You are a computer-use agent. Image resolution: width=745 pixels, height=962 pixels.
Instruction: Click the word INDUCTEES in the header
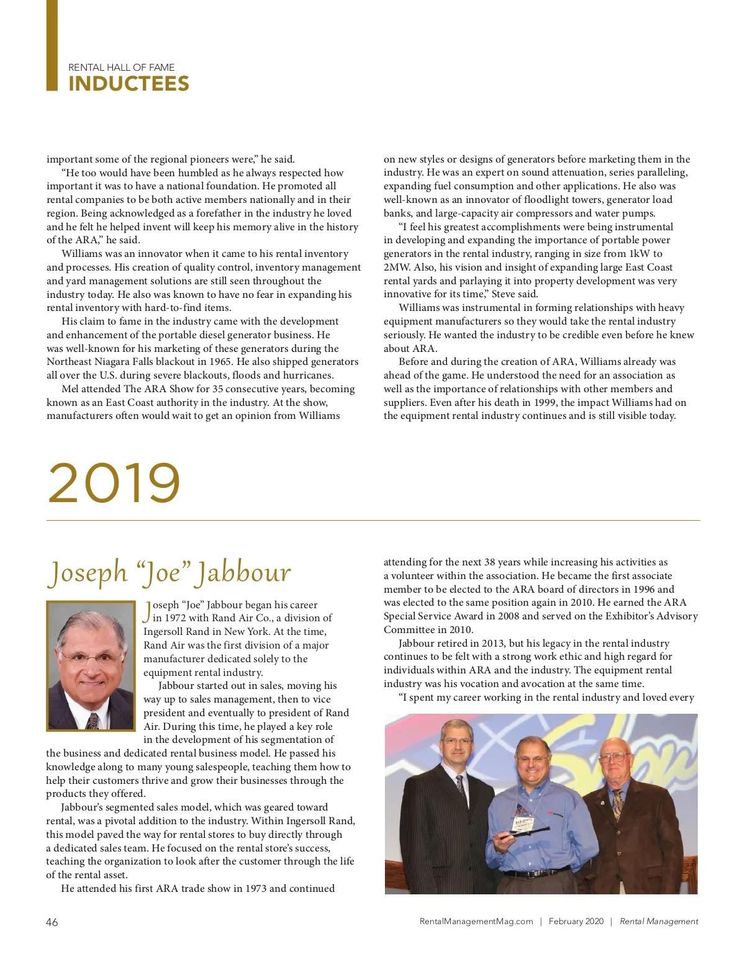129,84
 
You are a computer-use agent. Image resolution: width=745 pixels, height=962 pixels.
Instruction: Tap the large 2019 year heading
114,483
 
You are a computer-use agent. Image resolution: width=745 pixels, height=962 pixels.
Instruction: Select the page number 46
52,922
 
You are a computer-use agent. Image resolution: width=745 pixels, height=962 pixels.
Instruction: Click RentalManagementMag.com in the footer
476,922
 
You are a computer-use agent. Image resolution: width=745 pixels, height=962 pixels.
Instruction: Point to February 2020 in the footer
576,922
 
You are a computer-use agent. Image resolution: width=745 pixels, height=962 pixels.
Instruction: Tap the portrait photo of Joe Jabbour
91,665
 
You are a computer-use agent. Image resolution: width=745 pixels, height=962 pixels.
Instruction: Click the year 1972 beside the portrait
175,618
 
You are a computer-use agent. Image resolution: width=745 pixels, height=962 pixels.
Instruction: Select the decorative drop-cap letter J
147,611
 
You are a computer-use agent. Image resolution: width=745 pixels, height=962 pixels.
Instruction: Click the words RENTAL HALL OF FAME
122,67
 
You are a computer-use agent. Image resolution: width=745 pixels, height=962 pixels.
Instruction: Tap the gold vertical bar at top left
52,45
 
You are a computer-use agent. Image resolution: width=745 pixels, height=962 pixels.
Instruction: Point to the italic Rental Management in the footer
659,922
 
